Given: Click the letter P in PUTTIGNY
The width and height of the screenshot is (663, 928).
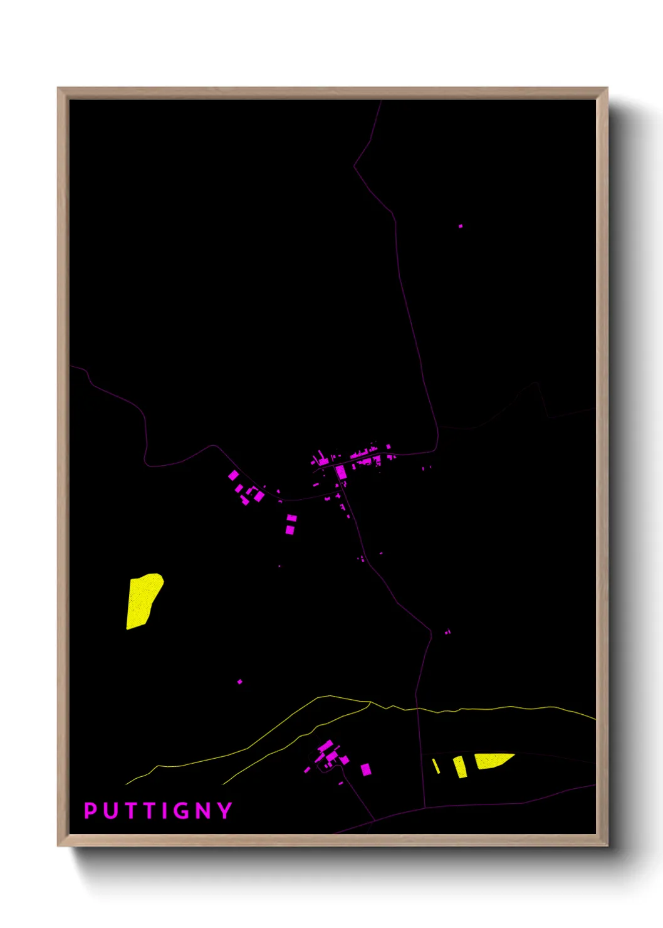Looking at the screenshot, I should pos(90,811).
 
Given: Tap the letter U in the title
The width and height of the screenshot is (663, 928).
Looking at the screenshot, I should pos(111,811).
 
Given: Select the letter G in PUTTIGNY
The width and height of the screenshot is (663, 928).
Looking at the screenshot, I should pos(181,811).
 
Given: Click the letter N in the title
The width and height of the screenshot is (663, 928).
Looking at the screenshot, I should pos(204,811).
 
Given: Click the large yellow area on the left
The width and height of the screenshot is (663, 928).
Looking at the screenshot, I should pos(144,600).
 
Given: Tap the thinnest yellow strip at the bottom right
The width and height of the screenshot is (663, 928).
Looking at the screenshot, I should pos(436,766).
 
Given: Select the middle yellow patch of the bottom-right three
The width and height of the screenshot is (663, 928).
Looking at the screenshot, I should pos(460,767).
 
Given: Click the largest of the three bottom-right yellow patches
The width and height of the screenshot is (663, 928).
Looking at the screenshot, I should pos(491,761).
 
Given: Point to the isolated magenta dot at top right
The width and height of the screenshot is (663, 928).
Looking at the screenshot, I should pos(461,226).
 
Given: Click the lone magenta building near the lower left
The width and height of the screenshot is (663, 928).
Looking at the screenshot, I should pos(240,682).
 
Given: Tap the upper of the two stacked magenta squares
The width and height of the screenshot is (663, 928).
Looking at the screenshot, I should pos(291,519).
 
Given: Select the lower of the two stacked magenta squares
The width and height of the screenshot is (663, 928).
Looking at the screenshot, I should pos(290,530).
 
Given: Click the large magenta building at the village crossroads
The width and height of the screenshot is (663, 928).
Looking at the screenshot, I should pos(341,472).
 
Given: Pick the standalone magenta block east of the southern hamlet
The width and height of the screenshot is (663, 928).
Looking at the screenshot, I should pos(366,769).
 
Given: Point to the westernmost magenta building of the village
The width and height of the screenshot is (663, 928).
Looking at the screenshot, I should pos(233,475).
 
